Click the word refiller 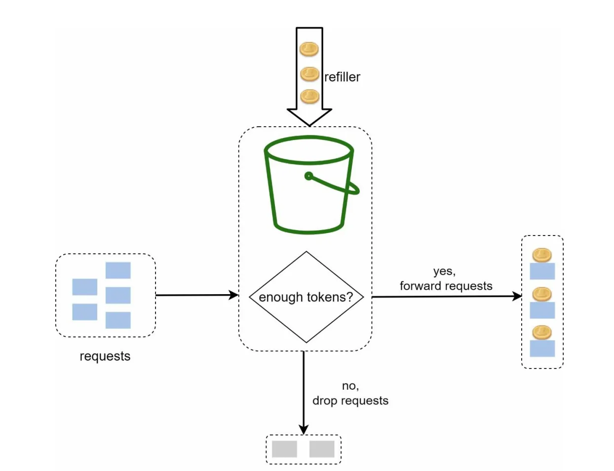click(342, 77)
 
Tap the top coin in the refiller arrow click(309, 49)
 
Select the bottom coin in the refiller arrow click(310, 96)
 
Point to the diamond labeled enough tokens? click(306, 297)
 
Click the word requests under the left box click(105, 356)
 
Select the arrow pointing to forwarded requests click(446, 297)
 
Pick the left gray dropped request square click(284, 449)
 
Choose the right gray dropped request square click(322, 449)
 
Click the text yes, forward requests click(446, 279)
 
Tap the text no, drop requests click(350, 393)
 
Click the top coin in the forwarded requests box click(542, 255)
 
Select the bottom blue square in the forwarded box click(542, 348)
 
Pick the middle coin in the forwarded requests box click(542, 294)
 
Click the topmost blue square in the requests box click(118, 270)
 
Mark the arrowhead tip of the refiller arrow click(309, 125)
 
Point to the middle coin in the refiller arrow click(310, 74)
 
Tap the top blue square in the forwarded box click(542, 271)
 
